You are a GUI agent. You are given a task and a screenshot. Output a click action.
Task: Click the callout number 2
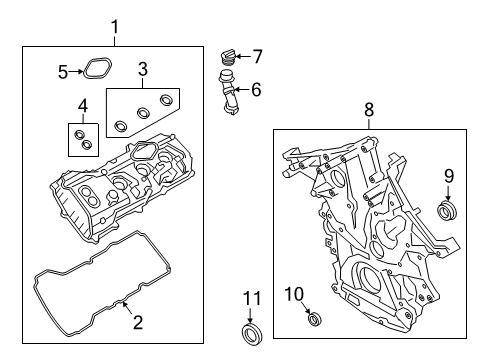coord(139,322)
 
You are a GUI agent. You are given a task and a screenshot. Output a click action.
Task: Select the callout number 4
coord(82,106)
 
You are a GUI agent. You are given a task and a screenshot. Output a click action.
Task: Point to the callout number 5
coord(63,71)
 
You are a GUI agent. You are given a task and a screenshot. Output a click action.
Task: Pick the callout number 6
coord(255,89)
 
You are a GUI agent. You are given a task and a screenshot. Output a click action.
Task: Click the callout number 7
coord(256,56)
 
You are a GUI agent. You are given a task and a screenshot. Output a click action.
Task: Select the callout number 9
coord(448,176)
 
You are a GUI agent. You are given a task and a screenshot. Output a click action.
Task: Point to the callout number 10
coord(294,292)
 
